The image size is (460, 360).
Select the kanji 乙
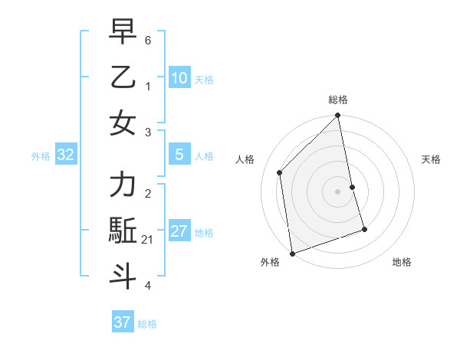(123, 77)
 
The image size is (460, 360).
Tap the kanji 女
(123, 123)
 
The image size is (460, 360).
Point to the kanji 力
(123, 185)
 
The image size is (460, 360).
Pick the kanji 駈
(123, 231)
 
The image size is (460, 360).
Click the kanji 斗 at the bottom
(123, 276)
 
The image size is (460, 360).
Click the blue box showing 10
(179, 77)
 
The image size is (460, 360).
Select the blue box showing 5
(179, 155)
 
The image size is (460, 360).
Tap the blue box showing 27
(179, 231)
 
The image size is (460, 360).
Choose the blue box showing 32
(66, 155)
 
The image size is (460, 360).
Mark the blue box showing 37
(122, 322)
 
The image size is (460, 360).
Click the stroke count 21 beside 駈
(147, 241)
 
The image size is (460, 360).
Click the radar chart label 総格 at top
(338, 100)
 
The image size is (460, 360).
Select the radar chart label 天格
(431, 159)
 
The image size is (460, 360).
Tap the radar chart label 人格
(245, 159)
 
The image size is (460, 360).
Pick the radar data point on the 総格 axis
(338, 116)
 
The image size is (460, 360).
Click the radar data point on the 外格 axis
(292, 253)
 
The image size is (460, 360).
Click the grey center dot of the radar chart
(338, 191)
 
